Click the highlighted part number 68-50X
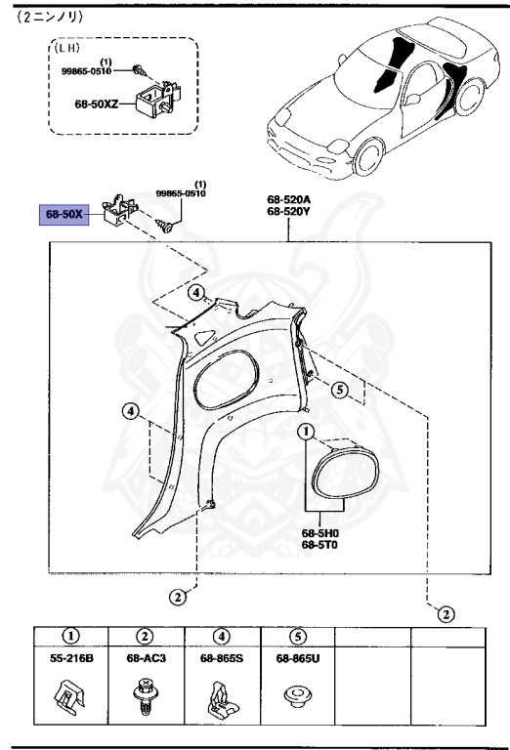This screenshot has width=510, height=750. pos(64,214)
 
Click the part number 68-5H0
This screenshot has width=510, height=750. pos(319,532)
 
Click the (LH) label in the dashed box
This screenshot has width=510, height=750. pos(67,47)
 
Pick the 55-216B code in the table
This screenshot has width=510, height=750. pos(71,659)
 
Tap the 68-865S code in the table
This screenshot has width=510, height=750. pos(221,659)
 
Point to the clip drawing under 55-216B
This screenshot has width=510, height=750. pos(71,697)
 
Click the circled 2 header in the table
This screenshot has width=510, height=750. pos(145,636)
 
